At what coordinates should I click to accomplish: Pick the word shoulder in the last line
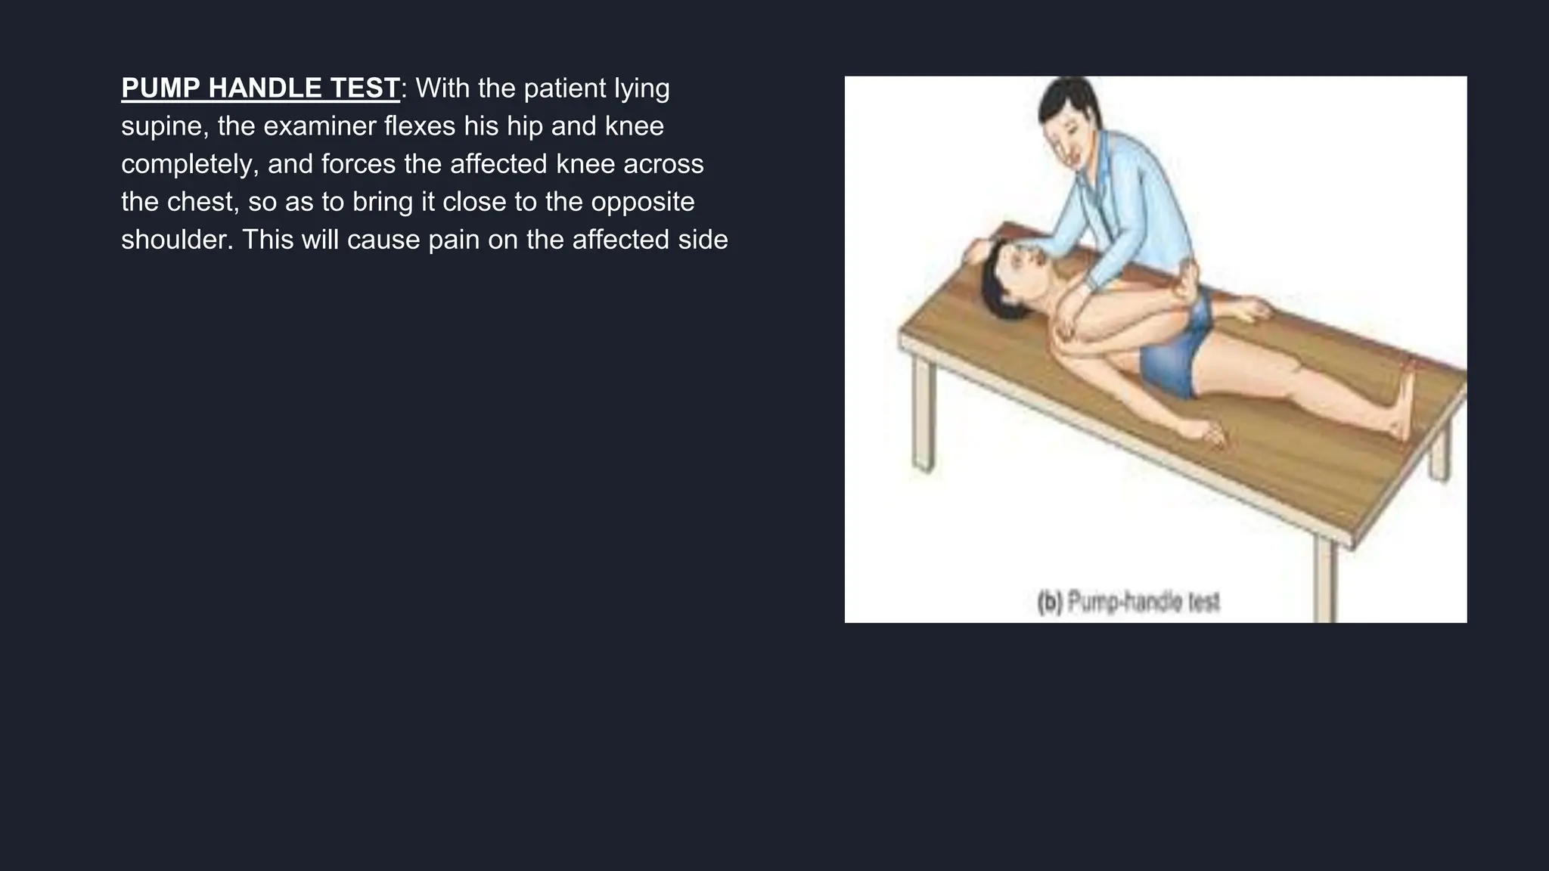pyautogui.click(x=177, y=240)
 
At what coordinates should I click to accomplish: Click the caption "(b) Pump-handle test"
pyautogui.click(x=1128, y=603)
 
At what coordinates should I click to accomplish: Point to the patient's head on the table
pyautogui.click(x=1006, y=280)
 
